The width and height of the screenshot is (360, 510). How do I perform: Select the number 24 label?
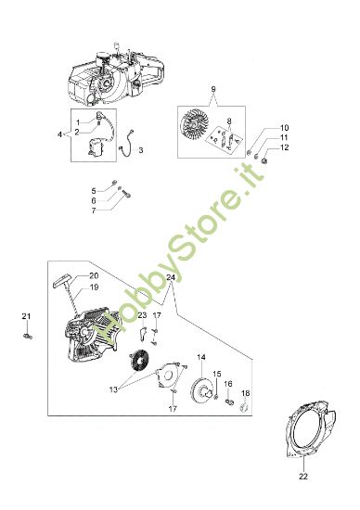[x=170, y=277]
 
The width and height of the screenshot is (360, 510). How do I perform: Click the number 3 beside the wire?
[x=139, y=147]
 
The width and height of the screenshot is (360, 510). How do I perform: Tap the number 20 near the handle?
[x=94, y=276]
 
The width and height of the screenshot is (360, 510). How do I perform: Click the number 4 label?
[x=61, y=134]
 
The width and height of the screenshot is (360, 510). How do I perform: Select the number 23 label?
[x=142, y=315]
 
